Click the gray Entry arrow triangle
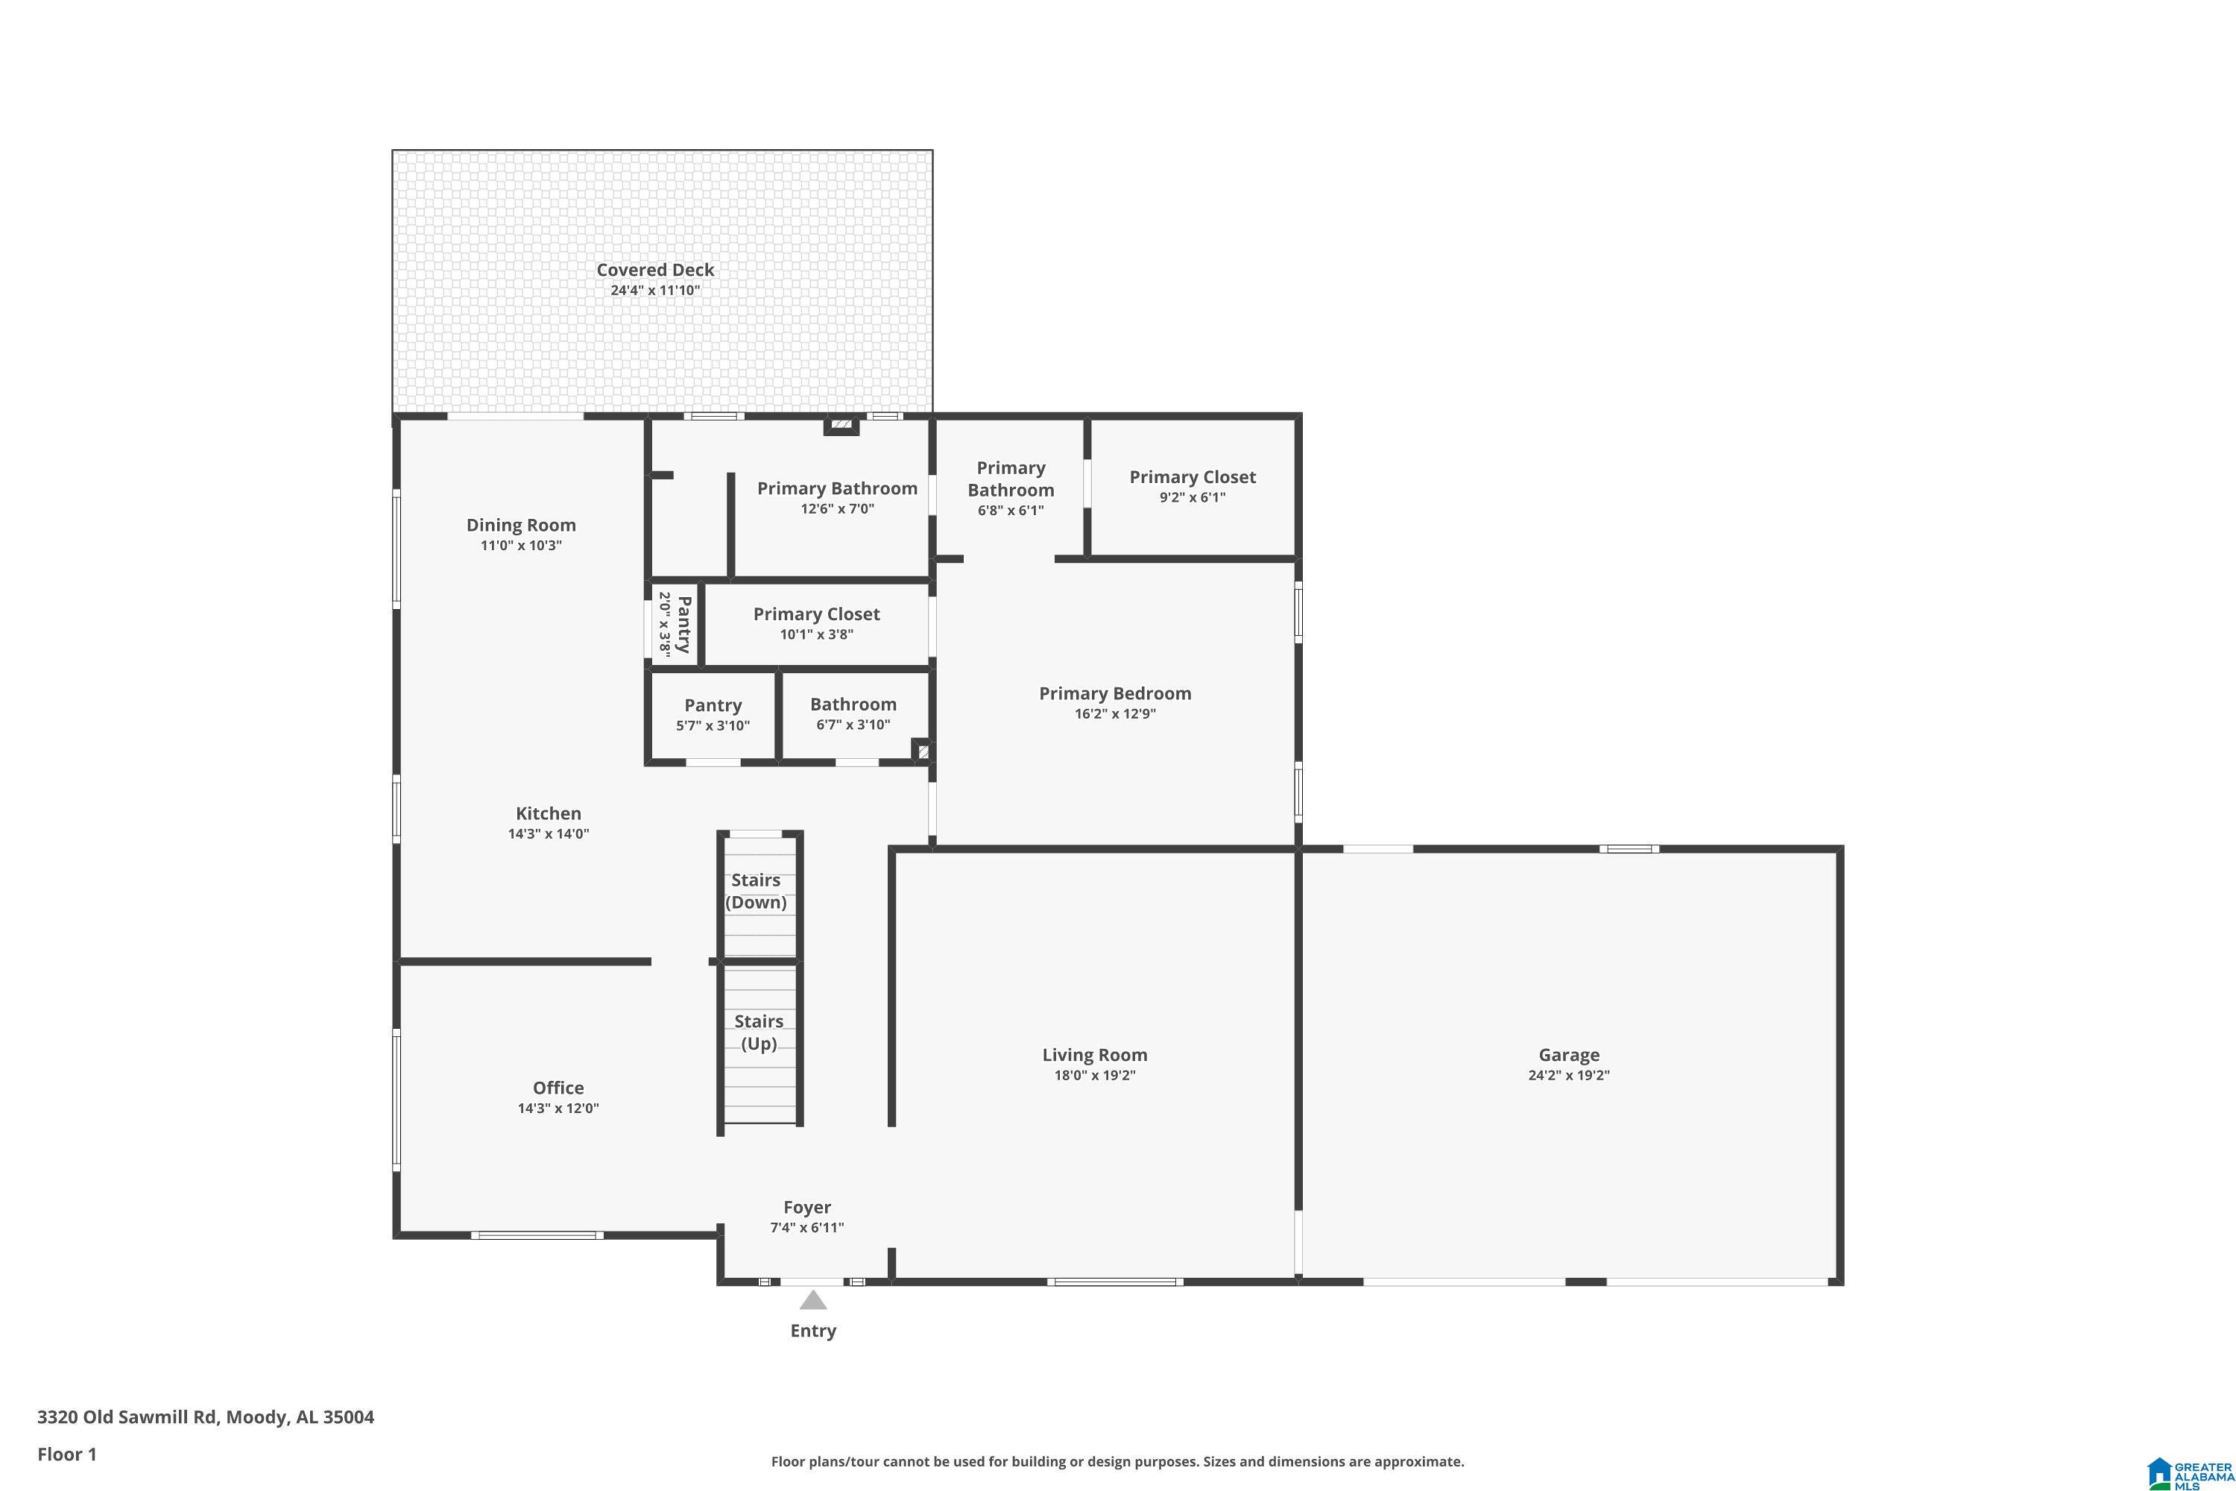point(813,1300)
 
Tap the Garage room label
point(1569,1055)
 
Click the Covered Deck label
point(655,270)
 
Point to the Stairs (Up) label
point(759,1032)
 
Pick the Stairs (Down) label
point(756,891)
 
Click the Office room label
point(558,1088)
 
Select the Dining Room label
point(521,525)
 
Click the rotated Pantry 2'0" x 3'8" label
point(674,625)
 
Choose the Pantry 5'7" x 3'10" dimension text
point(713,725)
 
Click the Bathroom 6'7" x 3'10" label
point(853,714)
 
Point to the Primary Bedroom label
point(1115,693)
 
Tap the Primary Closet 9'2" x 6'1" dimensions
point(1192,497)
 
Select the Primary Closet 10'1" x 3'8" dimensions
point(817,634)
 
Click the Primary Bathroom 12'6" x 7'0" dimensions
point(836,508)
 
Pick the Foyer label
point(807,1208)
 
